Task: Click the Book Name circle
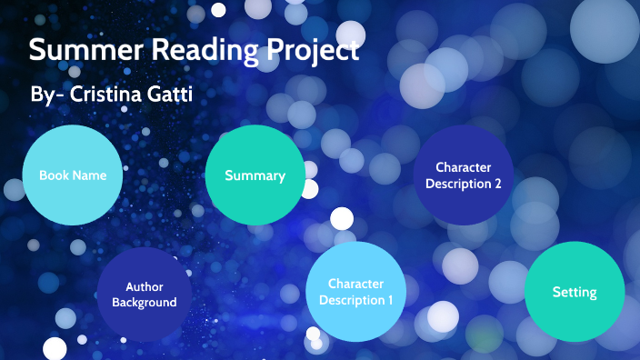click(73, 175)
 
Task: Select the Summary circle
click(255, 175)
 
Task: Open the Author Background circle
click(145, 295)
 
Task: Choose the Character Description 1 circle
click(355, 292)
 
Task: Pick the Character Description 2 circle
click(463, 175)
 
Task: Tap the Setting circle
click(575, 292)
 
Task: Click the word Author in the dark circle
click(145, 287)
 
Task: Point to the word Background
click(145, 303)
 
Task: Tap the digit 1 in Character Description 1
click(390, 300)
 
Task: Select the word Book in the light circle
click(54, 175)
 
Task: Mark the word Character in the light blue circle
click(355, 284)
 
